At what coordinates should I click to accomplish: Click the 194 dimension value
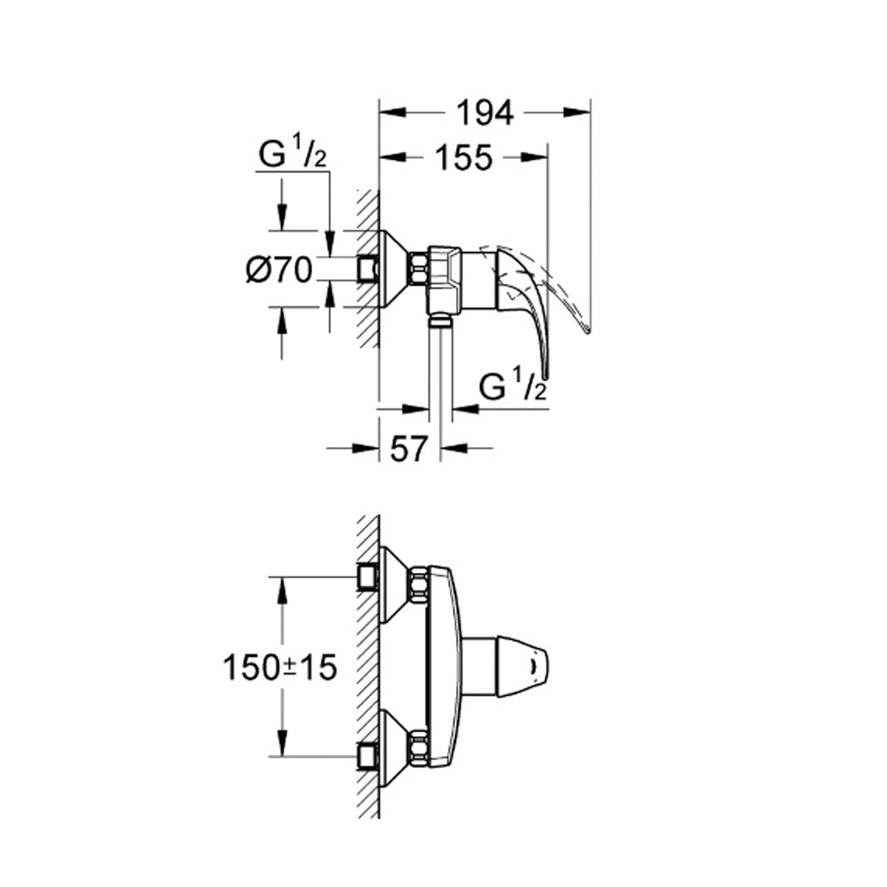point(485,113)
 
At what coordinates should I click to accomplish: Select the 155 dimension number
point(464,158)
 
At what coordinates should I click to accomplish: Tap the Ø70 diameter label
point(279,270)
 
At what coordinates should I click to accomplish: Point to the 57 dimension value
point(408,449)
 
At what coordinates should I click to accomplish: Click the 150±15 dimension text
point(280,668)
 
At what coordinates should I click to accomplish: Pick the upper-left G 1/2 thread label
point(293,153)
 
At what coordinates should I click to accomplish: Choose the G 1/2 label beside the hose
point(513,388)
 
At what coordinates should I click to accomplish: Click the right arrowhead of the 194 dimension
point(577,113)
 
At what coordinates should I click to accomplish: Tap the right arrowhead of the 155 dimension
point(535,158)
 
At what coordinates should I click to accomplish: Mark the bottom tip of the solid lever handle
point(546,378)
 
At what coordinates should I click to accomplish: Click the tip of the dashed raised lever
point(588,331)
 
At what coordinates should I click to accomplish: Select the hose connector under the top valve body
point(440,322)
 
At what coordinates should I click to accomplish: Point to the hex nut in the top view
point(418,269)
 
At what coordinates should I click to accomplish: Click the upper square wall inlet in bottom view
point(368,577)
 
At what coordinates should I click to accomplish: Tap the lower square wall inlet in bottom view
point(368,756)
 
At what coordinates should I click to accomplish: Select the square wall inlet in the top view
point(368,270)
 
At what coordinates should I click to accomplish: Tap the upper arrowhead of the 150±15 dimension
point(282,591)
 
